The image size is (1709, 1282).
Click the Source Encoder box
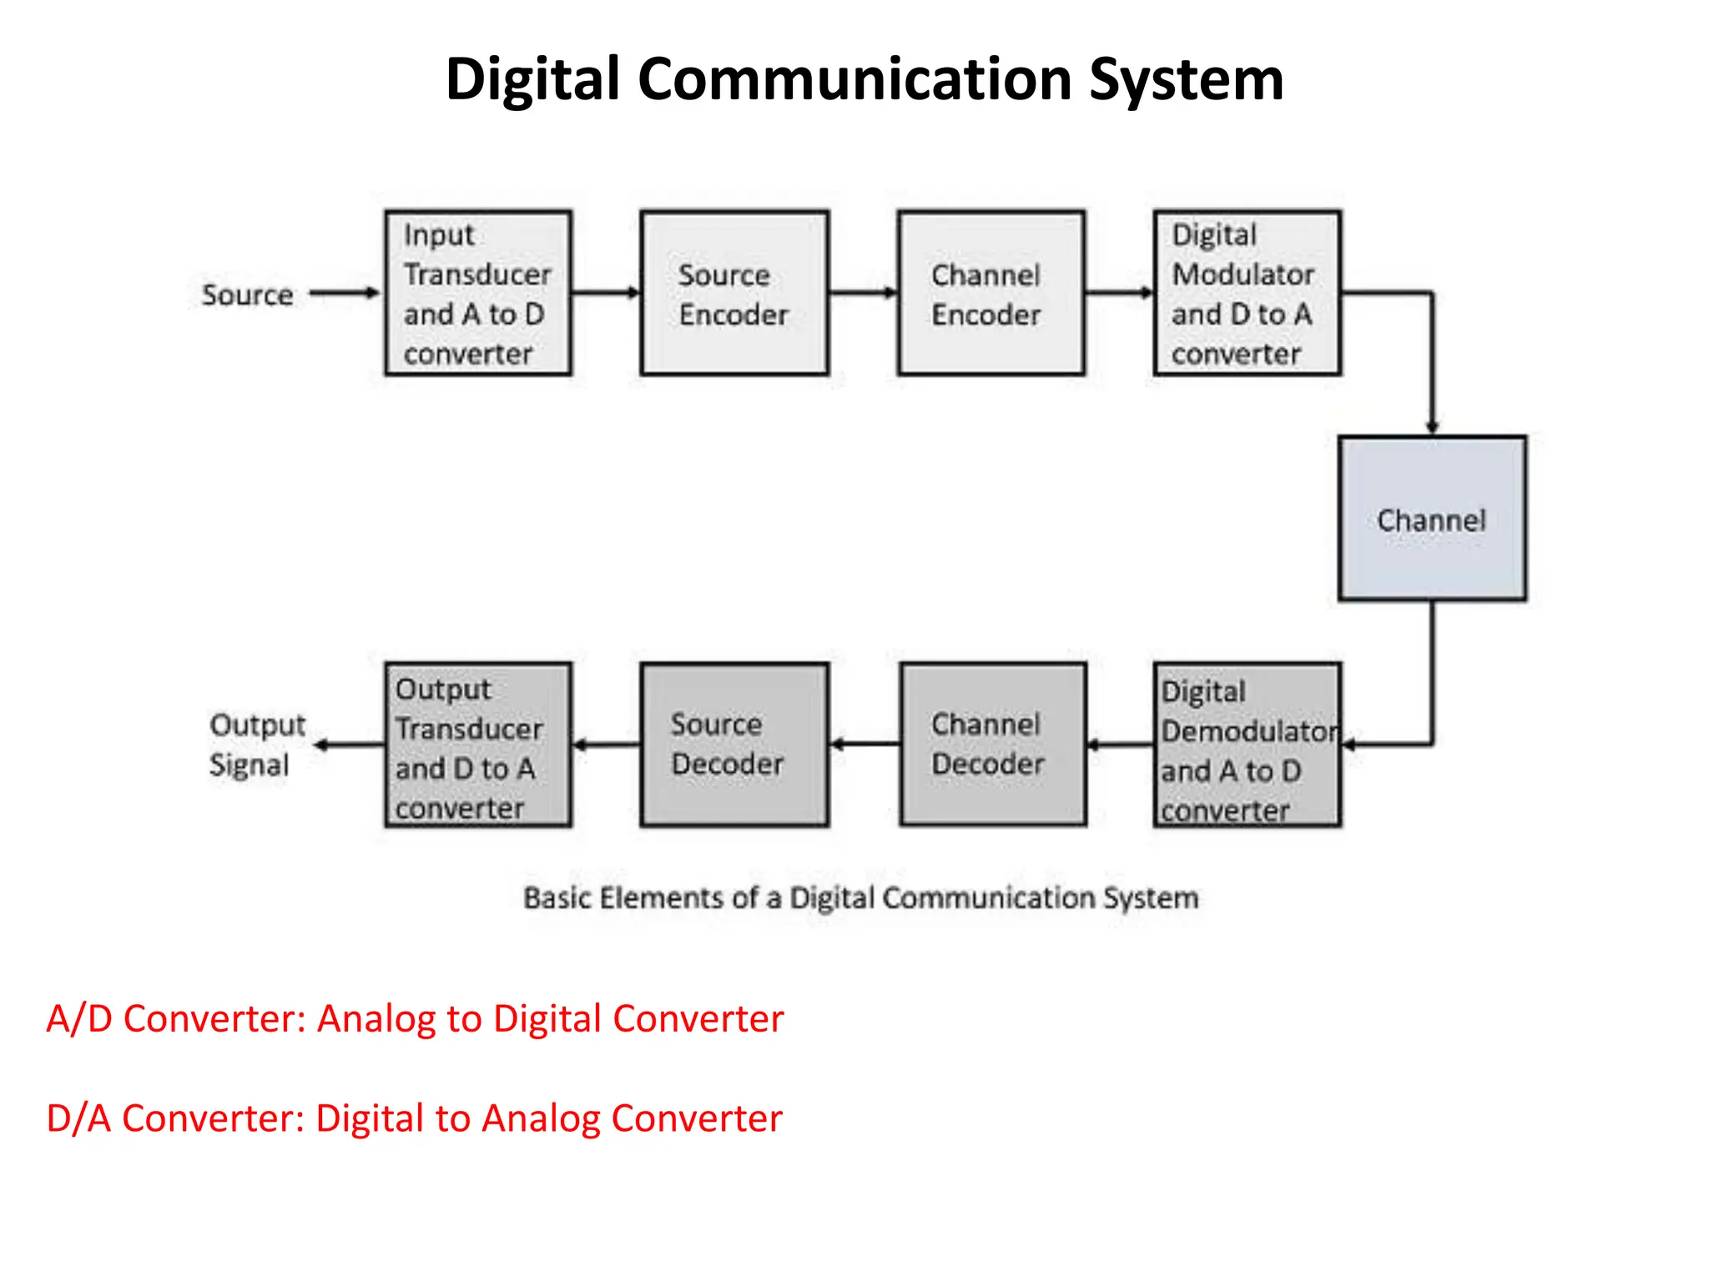(x=734, y=293)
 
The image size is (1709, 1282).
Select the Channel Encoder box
(x=991, y=293)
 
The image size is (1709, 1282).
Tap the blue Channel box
(x=1432, y=518)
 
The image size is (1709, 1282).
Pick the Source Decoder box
(x=734, y=744)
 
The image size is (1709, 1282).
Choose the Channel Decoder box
(x=993, y=744)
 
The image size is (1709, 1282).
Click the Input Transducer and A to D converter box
(x=478, y=293)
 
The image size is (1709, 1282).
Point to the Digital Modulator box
(x=1247, y=293)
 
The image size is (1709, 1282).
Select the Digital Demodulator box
(x=1247, y=744)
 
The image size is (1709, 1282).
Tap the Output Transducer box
(x=478, y=744)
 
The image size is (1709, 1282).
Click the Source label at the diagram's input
(x=247, y=295)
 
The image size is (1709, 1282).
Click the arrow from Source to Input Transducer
(x=345, y=293)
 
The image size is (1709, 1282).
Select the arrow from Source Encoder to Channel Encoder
(x=863, y=293)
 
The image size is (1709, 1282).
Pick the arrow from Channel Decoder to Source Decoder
(x=865, y=744)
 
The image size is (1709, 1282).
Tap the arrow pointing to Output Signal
(x=349, y=744)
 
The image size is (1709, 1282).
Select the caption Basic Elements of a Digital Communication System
(x=860, y=898)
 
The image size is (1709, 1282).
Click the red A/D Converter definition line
(x=415, y=1018)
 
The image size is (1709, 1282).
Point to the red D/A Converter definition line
(x=414, y=1118)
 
